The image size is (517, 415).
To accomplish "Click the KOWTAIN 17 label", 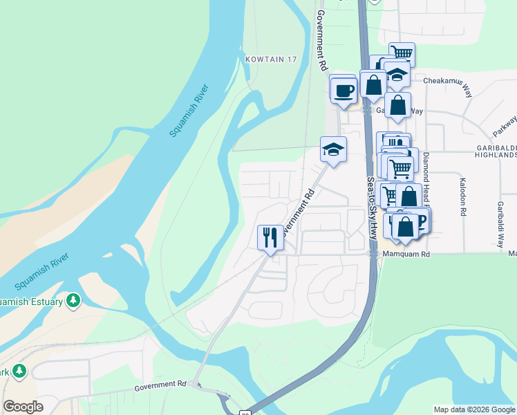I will click(271, 59).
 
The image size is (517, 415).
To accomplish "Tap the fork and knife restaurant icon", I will click(270, 237).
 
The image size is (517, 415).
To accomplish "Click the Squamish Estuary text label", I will click(31, 301).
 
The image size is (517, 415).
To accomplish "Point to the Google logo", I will click(23, 406).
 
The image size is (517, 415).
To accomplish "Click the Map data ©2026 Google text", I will click(473, 409).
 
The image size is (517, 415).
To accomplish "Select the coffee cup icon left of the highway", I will click(344, 90).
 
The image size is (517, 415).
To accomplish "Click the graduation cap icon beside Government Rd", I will click(333, 150).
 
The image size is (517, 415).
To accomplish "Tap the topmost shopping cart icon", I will click(402, 54).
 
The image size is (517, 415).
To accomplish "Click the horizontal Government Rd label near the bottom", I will click(161, 384).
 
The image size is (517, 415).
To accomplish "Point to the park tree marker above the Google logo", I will click(19, 371).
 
